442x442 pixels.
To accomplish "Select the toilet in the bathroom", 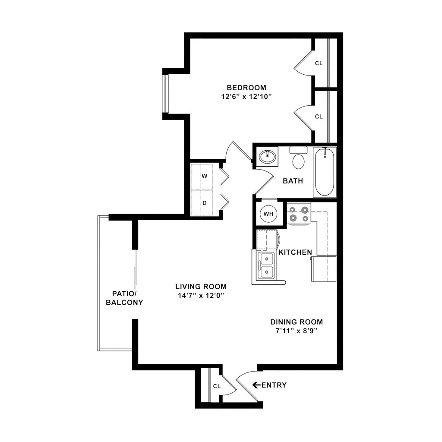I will pyautogui.click(x=298, y=160).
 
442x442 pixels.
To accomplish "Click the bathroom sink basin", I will pyautogui.click(x=268, y=156).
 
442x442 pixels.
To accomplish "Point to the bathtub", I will pyautogui.click(x=324, y=172).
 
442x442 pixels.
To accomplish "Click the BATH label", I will pyautogui.click(x=293, y=181).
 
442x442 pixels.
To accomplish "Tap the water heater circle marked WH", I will pyautogui.click(x=268, y=214).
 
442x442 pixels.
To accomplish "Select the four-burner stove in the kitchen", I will pyautogui.click(x=299, y=214).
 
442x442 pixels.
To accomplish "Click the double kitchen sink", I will pyautogui.click(x=266, y=265).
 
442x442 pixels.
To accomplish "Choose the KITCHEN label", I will pyautogui.click(x=295, y=252).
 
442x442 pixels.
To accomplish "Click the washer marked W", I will pyautogui.click(x=205, y=176).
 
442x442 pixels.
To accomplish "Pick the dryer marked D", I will pyautogui.click(x=205, y=202).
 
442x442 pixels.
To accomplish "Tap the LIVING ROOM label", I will pyautogui.click(x=201, y=287).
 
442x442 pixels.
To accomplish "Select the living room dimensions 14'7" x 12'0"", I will pyautogui.click(x=201, y=296).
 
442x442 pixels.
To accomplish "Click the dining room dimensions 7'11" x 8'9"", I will pyautogui.click(x=297, y=331).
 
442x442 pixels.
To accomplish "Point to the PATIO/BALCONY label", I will pyautogui.click(x=124, y=298).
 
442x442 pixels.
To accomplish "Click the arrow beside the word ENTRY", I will pyautogui.click(x=256, y=385).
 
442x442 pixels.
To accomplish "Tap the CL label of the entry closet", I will pyautogui.click(x=217, y=386).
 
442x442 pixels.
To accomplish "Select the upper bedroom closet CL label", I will pyautogui.click(x=319, y=63).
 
